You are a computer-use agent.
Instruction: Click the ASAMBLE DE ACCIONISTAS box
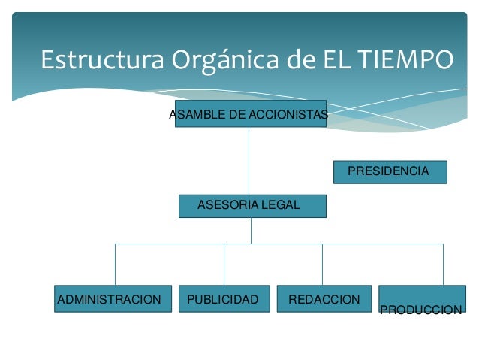click(x=251, y=113)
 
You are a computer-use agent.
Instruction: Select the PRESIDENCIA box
click(x=389, y=172)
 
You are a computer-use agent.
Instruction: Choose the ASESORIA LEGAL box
click(x=252, y=205)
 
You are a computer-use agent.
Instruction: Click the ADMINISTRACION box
click(x=110, y=299)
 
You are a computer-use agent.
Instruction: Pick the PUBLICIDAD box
click(x=222, y=299)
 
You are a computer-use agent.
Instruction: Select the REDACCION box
click(x=324, y=299)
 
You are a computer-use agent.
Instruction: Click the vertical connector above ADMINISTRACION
click(x=115, y=265)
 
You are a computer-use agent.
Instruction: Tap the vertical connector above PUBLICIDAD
click(x=224, y=265)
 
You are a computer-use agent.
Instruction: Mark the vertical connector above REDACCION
click(x=322, y=265)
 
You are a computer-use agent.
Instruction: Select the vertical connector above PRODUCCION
click(x=443, y=265)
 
